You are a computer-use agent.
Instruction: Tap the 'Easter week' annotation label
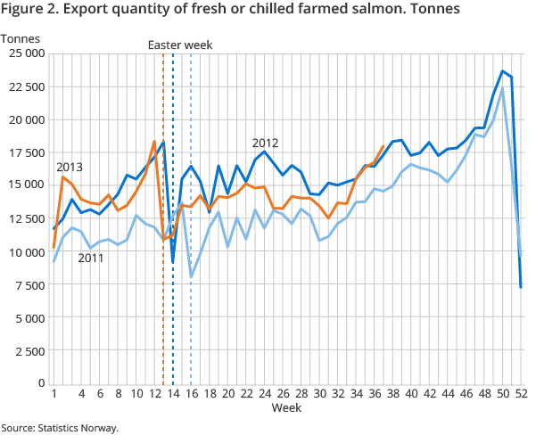(x=179, y=45)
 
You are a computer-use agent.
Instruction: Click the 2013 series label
(x=70, y=167)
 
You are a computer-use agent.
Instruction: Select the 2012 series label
(x=266, y=143)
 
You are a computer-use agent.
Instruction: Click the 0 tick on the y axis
(x=40, y=383)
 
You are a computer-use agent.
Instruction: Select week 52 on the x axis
(x=521, y=393)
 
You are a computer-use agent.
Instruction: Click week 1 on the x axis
(x=54, y=393)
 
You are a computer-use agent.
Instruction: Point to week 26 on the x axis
(x=283, y=393)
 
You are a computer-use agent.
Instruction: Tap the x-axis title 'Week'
(x=287, y=408)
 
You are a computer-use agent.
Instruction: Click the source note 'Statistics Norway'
(x=60, y=428)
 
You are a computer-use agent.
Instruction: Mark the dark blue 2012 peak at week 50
(x=503, y=71)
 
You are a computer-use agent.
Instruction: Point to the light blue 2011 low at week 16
(x=192, y=277)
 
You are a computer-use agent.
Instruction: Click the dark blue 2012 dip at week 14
(x=173, y=261)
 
